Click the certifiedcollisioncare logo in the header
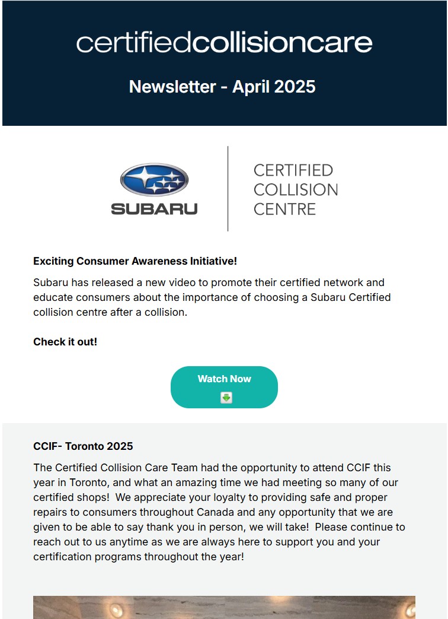click(x=224, y=43)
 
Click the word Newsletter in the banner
click(x=172, y=87)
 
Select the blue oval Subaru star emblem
click(x=154, y=180)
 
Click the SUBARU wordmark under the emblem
click(x=154, y=209)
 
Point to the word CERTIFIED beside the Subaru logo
click(x=293, y=170)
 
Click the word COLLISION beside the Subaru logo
click(x=295, y=190)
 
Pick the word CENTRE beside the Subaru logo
click(x=284, y=209)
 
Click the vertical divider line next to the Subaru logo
click(x=228, y=189)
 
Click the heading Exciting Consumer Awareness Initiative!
click(x=135, y=261)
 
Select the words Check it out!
click(x=65, y=342)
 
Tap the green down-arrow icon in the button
click(x=226, y=398)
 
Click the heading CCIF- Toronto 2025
click(x=83, y=446)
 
